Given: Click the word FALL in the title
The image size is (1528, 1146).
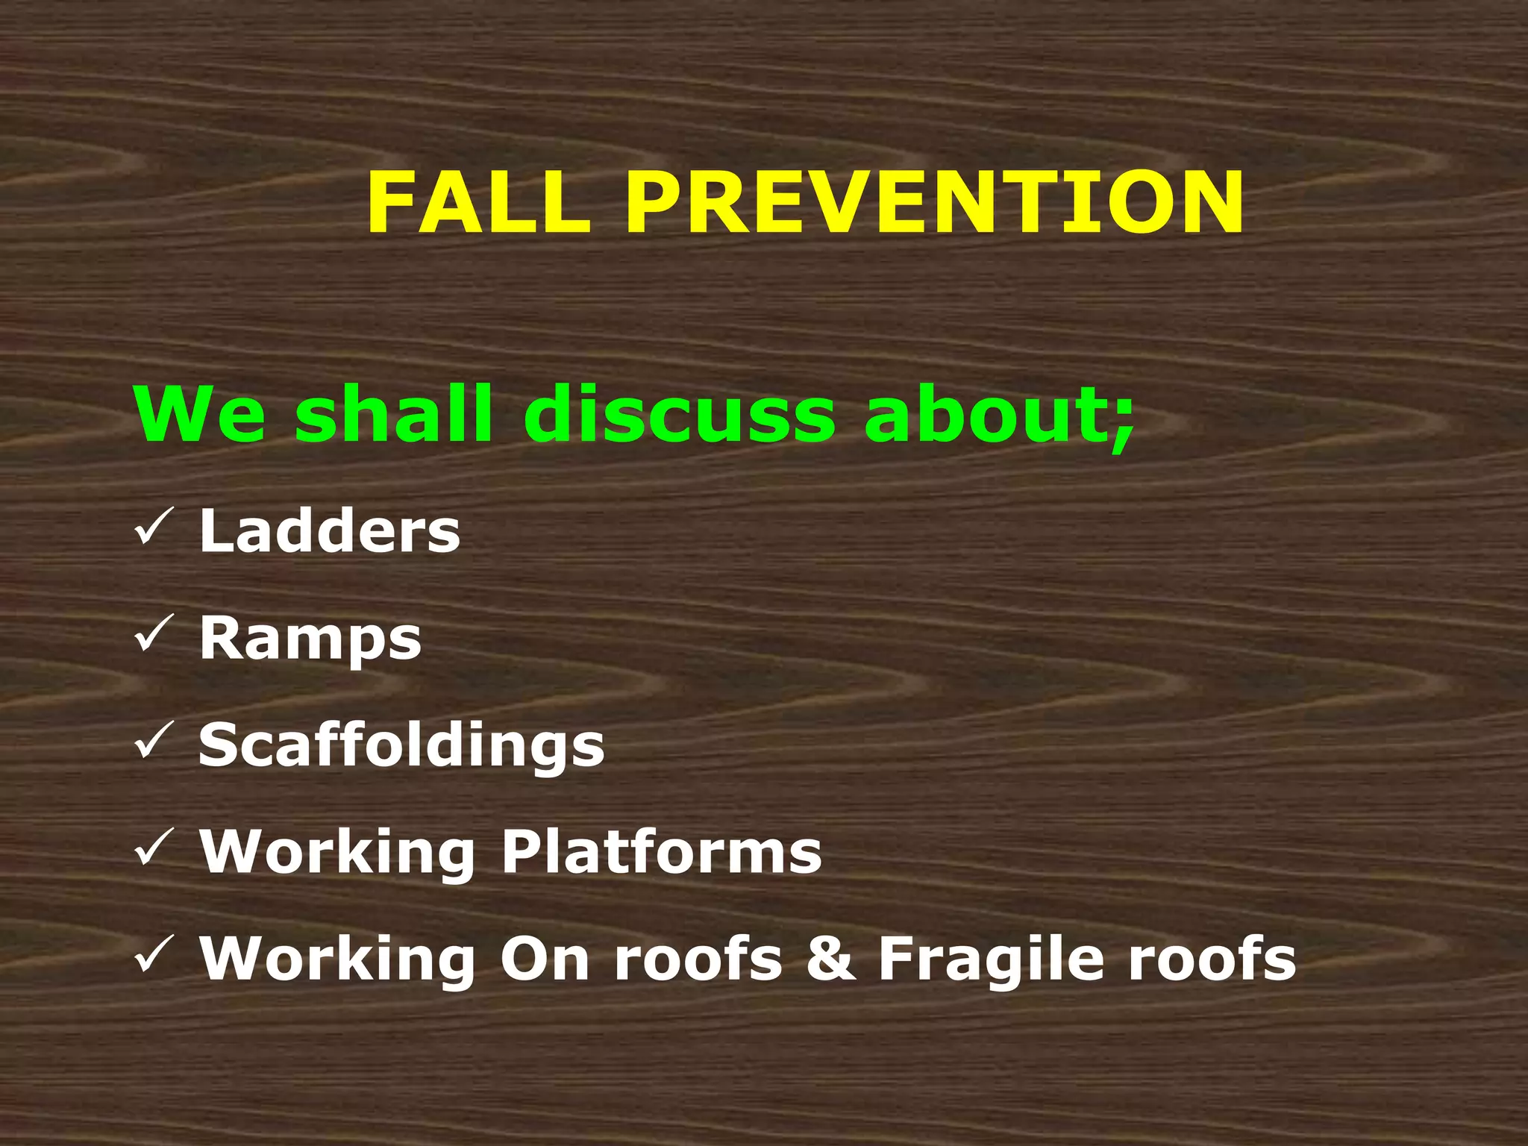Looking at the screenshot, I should click(478, 203).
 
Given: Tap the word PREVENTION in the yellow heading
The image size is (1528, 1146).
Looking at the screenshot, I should click(935, 203).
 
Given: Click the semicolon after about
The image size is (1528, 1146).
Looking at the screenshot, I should click(1122, 422).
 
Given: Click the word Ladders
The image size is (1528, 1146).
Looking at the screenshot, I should click(330, 531).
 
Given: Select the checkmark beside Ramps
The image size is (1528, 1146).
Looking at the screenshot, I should click(154, 633).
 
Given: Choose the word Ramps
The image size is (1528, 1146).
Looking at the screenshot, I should click(310, 640).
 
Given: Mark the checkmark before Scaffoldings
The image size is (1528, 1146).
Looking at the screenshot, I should click(154, 740).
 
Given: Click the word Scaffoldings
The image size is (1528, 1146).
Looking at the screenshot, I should click(401, 746).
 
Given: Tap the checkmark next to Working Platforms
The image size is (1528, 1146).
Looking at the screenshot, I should click(154, 847).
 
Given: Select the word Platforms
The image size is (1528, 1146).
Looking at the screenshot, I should click(661, 851).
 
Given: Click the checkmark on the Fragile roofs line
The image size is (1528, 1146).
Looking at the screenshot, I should click(154, 954).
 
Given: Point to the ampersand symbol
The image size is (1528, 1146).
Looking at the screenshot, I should click(830, 959).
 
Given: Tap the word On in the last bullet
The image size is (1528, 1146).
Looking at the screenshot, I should click(545, 959).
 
